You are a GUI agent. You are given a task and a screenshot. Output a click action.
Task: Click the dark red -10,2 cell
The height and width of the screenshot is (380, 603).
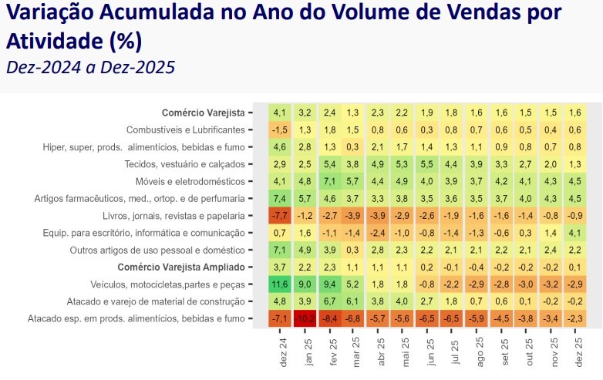point(305,318)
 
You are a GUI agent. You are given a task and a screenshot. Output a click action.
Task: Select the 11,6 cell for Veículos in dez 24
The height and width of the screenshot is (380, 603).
point(280,284)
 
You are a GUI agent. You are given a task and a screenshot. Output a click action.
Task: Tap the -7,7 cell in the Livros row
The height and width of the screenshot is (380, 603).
point(280,216)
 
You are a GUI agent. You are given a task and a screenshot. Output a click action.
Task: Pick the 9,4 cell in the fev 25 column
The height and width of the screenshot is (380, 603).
point(329,284)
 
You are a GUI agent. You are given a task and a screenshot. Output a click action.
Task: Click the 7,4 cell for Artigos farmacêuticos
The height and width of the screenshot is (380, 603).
point(280,198)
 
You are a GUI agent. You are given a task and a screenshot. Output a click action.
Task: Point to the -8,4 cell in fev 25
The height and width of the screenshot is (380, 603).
point(329,318)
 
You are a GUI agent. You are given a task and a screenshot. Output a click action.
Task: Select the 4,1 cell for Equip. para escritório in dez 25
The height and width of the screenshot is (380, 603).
point(575,233)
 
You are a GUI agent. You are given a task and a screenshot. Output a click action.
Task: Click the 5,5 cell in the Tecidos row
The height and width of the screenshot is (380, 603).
point(426,164)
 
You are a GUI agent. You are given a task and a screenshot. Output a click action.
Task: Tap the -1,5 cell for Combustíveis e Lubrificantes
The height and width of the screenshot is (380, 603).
point(280,129)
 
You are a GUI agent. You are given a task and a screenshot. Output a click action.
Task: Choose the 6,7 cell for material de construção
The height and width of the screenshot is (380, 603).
point(329,301)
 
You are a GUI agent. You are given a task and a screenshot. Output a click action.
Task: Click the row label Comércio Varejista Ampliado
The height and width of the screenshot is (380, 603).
point(181,267)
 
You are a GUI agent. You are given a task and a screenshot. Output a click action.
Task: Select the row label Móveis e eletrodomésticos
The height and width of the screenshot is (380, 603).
point(190,181)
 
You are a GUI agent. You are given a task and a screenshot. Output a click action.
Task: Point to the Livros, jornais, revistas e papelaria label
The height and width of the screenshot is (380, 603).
point(173,216)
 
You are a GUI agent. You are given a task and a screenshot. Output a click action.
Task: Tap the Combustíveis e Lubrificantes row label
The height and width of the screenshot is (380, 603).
point(185,129)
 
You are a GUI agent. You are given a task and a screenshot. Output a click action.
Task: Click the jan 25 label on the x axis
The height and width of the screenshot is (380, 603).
point(308,352)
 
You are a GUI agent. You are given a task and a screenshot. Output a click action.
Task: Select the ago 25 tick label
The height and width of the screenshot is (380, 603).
point(480,352)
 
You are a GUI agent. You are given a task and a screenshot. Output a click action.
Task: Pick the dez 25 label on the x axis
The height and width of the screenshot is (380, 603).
point(579,352)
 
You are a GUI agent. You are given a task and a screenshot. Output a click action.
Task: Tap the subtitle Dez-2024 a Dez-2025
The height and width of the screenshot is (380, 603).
point(91,67)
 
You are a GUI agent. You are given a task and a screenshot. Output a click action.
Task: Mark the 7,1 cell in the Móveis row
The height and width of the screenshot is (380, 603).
point(329,181)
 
